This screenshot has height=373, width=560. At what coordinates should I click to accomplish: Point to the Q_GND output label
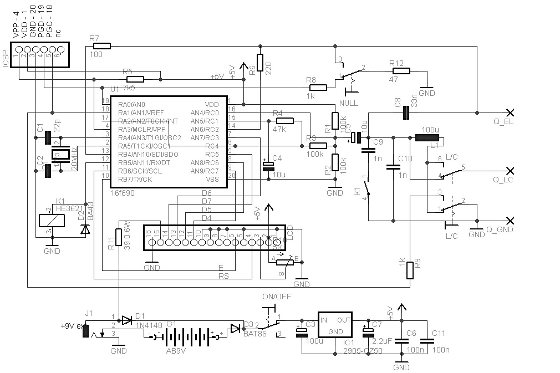point(500,229)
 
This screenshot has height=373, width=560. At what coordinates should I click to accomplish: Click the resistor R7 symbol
point(102,46)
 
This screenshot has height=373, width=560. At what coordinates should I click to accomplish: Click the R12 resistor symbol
point(400,71)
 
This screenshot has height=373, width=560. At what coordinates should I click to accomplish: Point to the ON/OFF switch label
point(276,296)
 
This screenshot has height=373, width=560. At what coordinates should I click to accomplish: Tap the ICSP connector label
point(6,57)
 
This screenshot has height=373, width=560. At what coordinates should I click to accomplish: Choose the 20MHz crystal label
point(74,159)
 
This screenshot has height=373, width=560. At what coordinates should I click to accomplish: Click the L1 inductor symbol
point(427,137)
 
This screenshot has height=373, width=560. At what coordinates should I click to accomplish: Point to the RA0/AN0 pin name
point(131,104)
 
